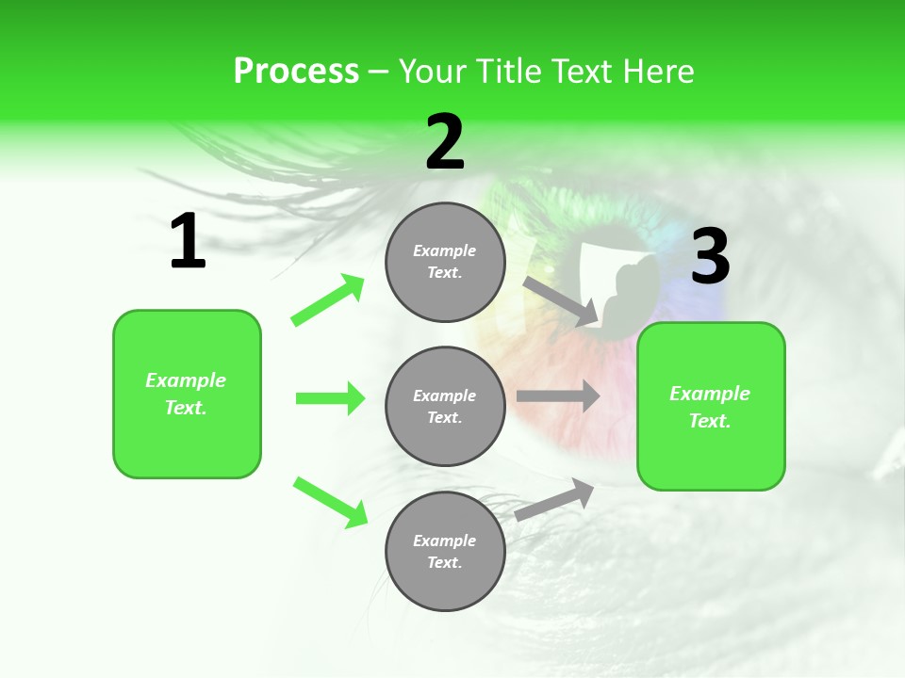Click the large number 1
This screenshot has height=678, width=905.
tap(188, 242)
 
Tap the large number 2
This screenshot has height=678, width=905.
tap(445, 142)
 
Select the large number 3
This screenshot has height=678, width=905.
tap(710, 257)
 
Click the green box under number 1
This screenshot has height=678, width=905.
tap(187, 394)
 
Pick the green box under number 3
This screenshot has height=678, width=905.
tap(711, 406)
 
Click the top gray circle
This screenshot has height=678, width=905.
tap(445, 262)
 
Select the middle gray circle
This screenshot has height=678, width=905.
tap(445, 406)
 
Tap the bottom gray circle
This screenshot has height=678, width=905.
tap(445, 551)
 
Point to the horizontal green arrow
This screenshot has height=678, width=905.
tap(330, 398)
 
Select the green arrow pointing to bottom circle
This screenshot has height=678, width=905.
tap(330, 502)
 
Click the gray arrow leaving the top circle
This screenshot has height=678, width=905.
tap(561, 301)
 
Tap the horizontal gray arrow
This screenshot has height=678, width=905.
tap(557, 396)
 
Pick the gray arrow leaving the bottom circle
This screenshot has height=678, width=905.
tap(554, 500)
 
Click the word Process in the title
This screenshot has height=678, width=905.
tap(296, 72)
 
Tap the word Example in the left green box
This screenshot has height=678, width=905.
tap(186, 380)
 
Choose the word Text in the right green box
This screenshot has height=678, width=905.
tap(710, 421)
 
